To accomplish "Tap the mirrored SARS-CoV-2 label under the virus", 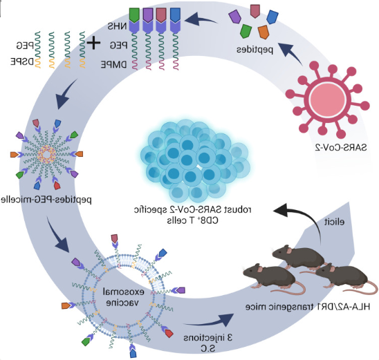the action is point(341,148).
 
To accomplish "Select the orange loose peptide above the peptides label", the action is point(264,32).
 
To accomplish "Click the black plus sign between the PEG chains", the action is point(93,43).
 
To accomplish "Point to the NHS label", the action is point(117,26).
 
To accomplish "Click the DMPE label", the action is point(113,65).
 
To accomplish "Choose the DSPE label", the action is point(22,61).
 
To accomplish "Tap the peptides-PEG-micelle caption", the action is point(46,200).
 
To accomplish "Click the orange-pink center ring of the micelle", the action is point(46,154).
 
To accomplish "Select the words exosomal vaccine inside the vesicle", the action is point(124,296).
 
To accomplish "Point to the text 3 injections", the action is point(208,338).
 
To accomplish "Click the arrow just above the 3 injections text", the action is point(209,321).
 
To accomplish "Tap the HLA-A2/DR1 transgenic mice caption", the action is point(308,307).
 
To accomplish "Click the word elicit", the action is point(334,222).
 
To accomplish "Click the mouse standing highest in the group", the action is point(299,256).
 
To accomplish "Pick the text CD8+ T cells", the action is point(192,220).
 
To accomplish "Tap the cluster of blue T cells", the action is point(195,161).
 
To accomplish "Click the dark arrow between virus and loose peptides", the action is point(289,53).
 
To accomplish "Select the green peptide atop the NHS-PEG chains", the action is point(134,15).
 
